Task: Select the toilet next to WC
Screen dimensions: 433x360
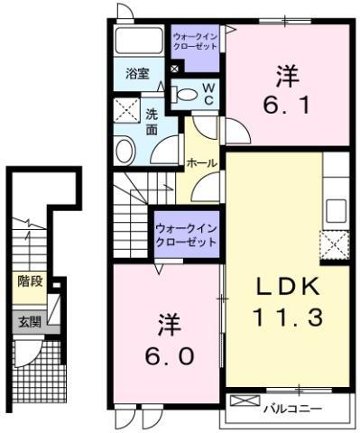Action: (186, 93)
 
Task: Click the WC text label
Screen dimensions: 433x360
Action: (208, 93)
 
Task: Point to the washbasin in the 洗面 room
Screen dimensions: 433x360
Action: (125, 150)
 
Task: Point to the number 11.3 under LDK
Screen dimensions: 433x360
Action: (286, 316)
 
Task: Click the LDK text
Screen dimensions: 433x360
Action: (285, 287)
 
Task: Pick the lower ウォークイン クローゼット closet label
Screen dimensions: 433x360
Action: (186, 235)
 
